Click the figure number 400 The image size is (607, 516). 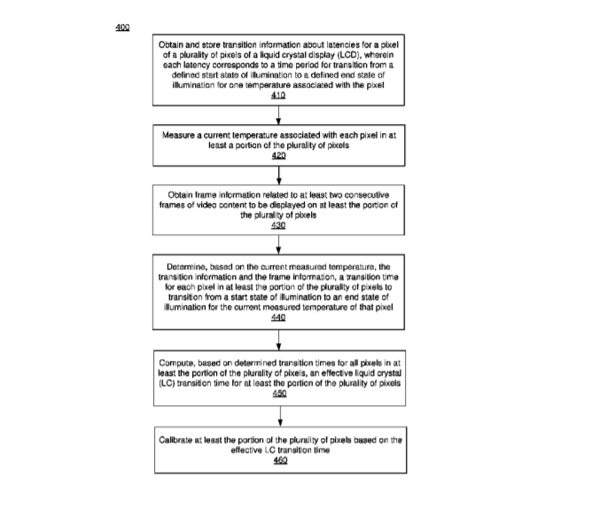pos(122,27)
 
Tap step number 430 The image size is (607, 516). pos(279,225)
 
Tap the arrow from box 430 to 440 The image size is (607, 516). pos(279,245)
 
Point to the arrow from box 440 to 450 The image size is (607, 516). pos(279,339)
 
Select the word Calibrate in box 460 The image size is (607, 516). pos(179,440)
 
